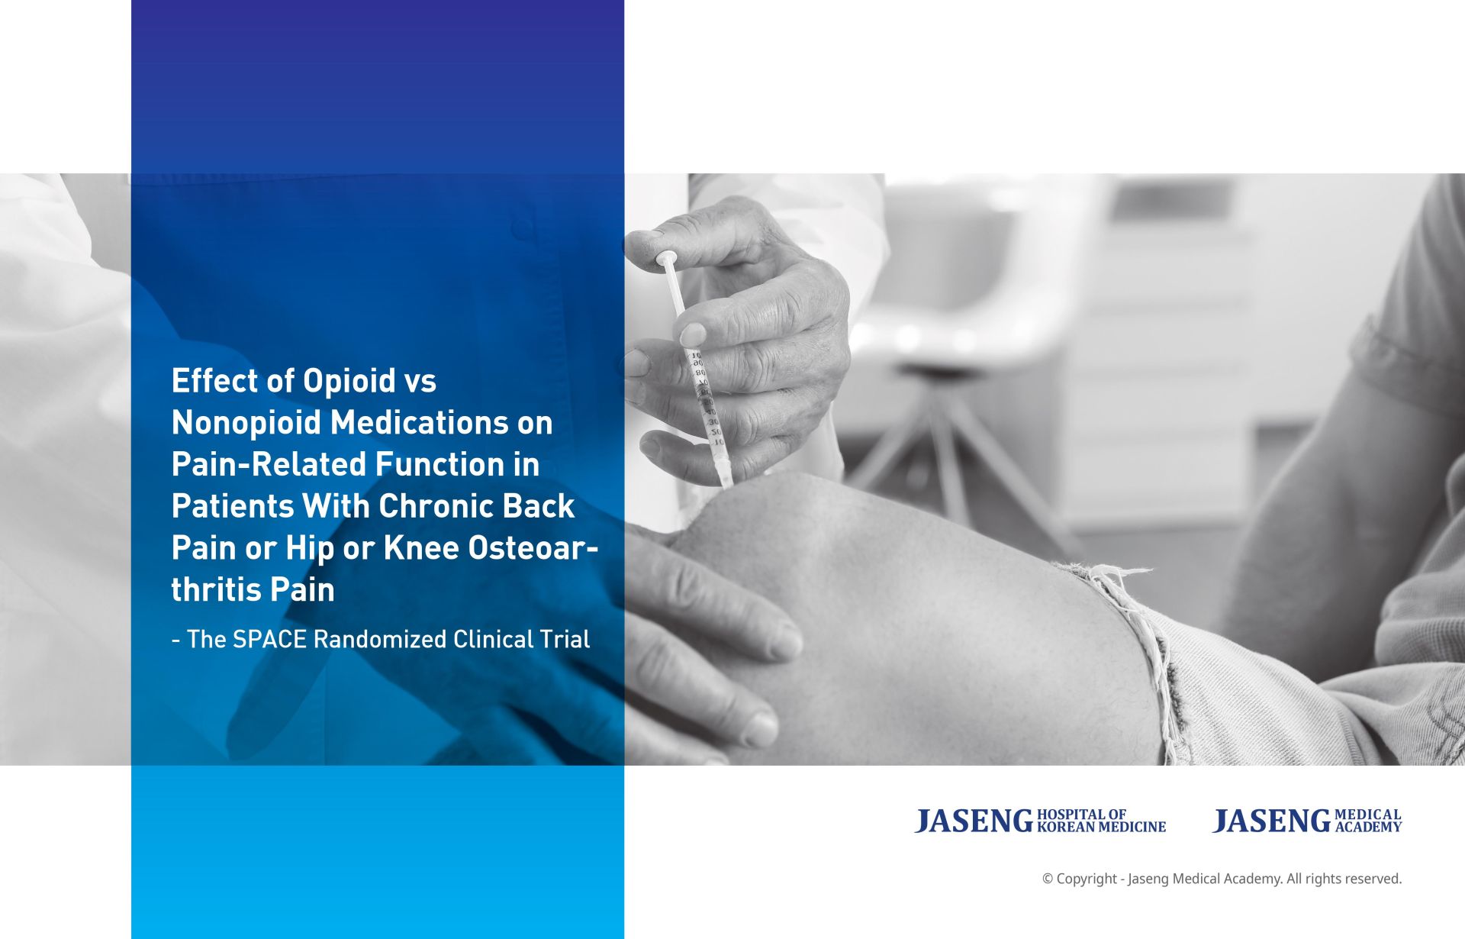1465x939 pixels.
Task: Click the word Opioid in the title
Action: tap(349, 381)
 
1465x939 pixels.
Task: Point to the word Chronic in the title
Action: tap(425, 506)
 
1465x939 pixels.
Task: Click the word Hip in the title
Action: tap(310, 548)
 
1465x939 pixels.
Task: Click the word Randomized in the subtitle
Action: tap(379, 640)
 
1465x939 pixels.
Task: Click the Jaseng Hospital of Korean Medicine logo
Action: tap(1040, 821)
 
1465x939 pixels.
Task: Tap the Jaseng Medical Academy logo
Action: tap(1307, 821)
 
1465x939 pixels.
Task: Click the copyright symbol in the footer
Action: tap(1048, 879)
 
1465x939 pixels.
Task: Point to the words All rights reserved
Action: tap(1344, 879)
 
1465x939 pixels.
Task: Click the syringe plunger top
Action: tap(667, 258)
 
